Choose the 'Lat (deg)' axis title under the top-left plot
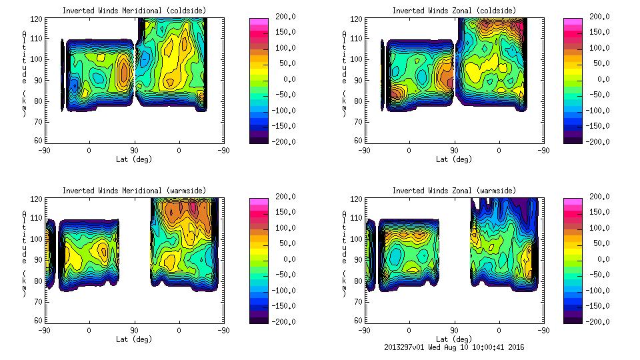pyautogui.click(x=134, y=159)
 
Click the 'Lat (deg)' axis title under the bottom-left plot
pyautogui.click(x=134, y=339)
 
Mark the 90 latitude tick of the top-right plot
pyautogui.click(x=455, y=151)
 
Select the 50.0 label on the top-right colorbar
pyautogui.click(x=595, y=63)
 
